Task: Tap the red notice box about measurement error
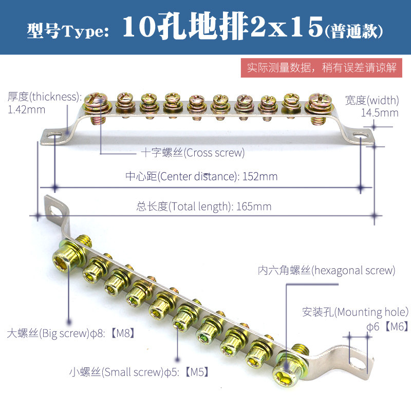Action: click(322, 68)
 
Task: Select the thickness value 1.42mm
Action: click(27, 109)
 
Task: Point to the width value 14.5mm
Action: click(379, 113)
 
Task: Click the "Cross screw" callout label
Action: click(193, 153)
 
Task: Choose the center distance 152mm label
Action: click(201, 176)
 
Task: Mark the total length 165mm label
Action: click(204, 207)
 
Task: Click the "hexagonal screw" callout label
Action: click(326, 270)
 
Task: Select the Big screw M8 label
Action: click(72, 333)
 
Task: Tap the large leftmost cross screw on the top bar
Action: click(96, 99)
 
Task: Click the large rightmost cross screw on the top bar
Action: click(316, 99)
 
